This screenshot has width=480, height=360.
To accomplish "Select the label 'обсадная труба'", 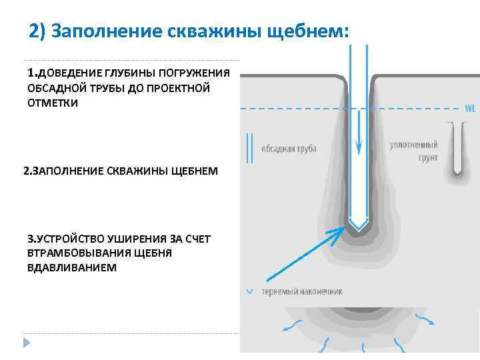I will pos(289,148).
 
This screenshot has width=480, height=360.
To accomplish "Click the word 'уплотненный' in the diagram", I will pos(413,145).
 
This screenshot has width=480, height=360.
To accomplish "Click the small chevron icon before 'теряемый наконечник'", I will pos(249,291).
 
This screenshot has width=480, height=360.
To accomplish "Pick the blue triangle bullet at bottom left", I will pos(27,343).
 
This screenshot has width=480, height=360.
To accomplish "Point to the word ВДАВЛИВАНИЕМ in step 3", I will pos(71,267).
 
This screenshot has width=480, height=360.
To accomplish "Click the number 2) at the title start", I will pos(38,31).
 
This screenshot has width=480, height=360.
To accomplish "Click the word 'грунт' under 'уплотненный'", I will pos(427,159).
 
